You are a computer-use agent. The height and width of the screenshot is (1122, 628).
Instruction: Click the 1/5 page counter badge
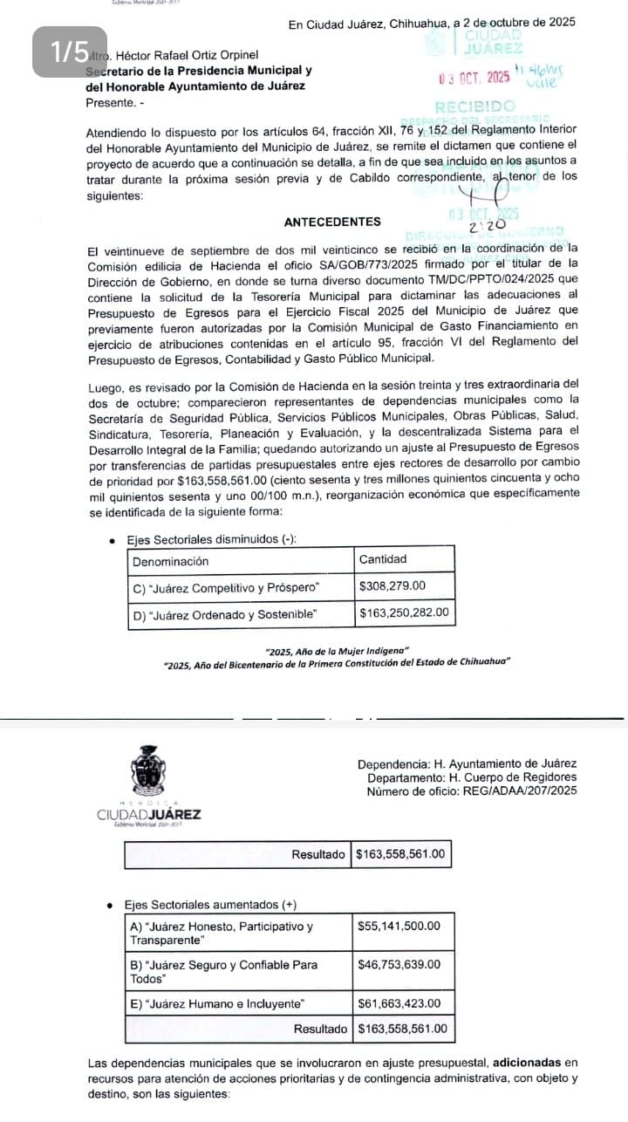click(70, 52)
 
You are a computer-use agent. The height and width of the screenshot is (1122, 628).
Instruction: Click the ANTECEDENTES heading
click(332, 222)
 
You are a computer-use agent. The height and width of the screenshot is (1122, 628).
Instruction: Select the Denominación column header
click(171, 560)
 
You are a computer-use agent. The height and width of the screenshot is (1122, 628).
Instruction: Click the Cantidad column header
click(383, 559)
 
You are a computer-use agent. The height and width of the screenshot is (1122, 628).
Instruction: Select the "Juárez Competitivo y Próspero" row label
click(228, 586)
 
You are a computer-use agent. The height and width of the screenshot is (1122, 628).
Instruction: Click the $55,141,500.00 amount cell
click(399, 926)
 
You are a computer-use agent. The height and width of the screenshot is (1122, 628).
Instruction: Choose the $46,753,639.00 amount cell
click(399, 964)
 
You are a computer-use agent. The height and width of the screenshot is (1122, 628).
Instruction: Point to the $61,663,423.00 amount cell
click(399, 1003)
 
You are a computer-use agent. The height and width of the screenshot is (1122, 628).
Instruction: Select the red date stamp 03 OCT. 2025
click(475, 79)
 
